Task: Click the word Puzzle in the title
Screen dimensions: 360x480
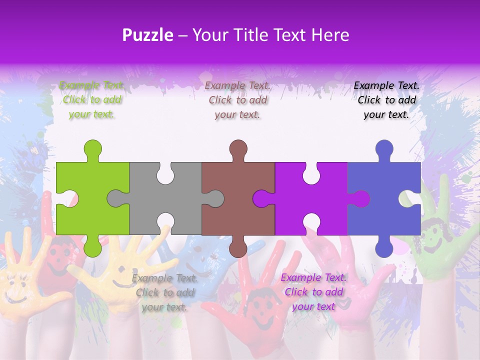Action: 148,35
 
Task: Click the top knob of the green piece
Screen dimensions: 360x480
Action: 92,149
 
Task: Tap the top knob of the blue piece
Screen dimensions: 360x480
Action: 384,149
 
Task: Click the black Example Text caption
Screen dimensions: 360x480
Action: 386,99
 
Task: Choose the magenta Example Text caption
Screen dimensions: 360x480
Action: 313,292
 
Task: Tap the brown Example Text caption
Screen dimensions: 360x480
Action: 238,99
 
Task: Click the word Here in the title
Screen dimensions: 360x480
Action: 330,35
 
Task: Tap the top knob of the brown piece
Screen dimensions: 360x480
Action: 238,149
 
